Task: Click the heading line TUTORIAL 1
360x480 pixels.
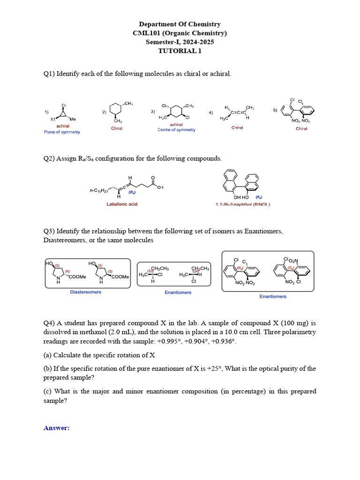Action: (x=180, y=51)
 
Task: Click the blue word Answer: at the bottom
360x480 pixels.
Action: (x=56, y=427)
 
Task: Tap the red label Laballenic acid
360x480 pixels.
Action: (x=121, y=204)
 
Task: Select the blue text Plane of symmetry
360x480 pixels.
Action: (x=62, y=132)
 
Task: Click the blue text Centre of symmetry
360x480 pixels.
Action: (x=176, y=130)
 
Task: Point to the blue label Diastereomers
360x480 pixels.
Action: (x=86, y=292)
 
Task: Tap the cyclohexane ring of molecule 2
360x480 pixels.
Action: (x=114, y=111)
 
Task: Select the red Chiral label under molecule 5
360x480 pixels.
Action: (x=301, y=128)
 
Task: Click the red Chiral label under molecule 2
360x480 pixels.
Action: (x=117, y=128)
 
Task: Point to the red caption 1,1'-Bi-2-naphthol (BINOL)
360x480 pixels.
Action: (x=242, y=204)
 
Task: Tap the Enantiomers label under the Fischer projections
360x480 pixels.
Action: (x=178, y=292)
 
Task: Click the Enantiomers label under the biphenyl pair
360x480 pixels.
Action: (x=273, y=296)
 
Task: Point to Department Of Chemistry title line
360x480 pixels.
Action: (x=180, y=24)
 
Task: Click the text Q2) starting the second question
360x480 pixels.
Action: (x=49, y=158)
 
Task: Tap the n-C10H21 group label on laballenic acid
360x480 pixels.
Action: (x=99, y=191)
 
